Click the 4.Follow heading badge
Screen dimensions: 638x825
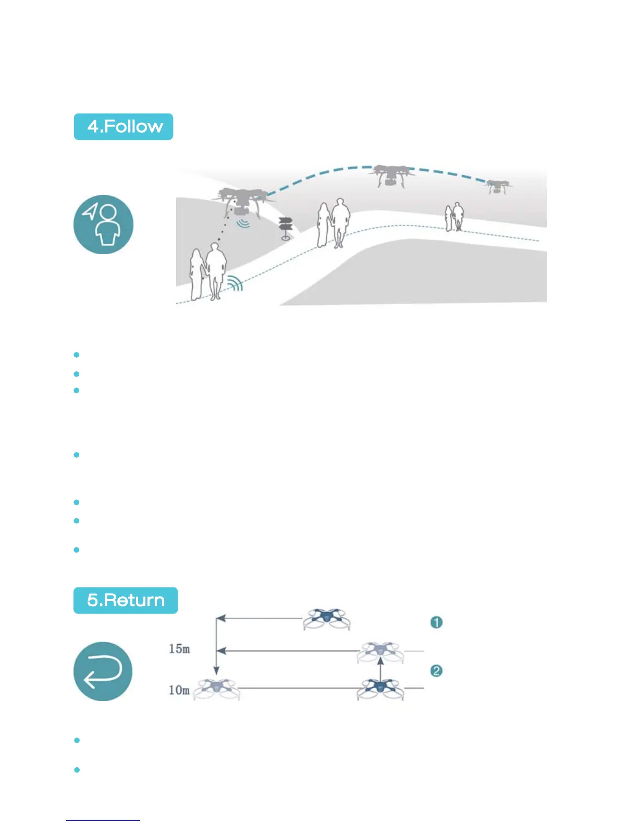point(124,127)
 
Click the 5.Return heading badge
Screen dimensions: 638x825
point(126,600)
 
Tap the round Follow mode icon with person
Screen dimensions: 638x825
point(103,224)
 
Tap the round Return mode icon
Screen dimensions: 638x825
point(103,671)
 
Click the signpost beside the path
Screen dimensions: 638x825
point(285,228)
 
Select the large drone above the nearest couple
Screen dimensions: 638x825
point(242,200)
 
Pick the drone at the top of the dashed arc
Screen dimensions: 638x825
point(391,175)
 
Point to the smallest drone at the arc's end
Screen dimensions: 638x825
point(497,186)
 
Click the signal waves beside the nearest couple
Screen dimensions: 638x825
point(235,283)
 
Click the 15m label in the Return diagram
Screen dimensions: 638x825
point(179,649)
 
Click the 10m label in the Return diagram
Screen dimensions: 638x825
point(179,690)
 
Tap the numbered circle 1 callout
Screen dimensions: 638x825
point(436,622)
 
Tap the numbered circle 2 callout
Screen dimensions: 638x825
point(436,670)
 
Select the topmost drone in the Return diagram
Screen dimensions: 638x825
point(327,618)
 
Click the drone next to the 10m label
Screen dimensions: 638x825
point(217,690)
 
